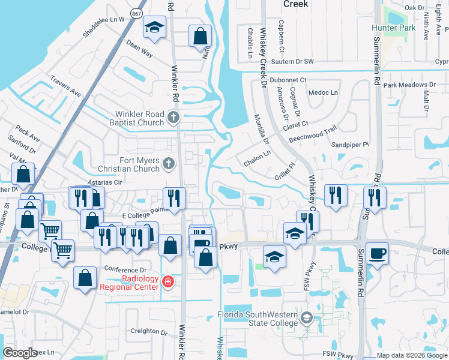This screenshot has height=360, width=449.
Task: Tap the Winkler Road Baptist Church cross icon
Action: coord(174,117)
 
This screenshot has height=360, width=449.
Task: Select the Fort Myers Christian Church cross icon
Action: coord(169,163)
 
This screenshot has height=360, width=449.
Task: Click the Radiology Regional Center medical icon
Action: coord(167,282)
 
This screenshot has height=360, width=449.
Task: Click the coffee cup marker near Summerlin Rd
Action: coord(378,253)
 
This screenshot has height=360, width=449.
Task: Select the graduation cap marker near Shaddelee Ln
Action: coord(154,28)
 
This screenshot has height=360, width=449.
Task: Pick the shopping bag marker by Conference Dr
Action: coord(85,278)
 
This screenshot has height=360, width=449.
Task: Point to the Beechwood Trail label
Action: coord(313,134)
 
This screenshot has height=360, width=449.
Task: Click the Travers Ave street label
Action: coord(65,86)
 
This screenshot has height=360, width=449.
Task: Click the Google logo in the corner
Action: coord(20,353)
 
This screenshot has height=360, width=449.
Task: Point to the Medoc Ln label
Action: coord(323,93)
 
